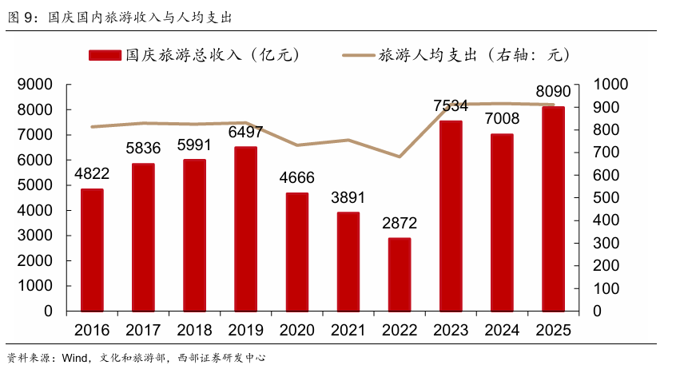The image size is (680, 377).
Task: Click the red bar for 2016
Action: (92, 250)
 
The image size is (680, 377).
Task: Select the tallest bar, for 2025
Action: (553, 208)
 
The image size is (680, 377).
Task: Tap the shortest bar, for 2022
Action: (400, 274)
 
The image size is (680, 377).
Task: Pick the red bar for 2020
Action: (297, 252)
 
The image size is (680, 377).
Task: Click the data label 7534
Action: (451, 105)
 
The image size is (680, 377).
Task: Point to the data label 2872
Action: (400, 223)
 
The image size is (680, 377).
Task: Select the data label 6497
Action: (246, 132)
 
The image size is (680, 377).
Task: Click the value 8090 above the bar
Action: (553, 90)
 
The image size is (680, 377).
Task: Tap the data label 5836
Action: (144, 148)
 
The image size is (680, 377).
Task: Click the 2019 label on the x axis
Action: (246, 330)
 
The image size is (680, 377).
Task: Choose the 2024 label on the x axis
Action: (502, 330)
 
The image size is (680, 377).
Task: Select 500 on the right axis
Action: (605, 197)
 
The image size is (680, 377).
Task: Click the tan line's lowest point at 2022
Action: (400, 157)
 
